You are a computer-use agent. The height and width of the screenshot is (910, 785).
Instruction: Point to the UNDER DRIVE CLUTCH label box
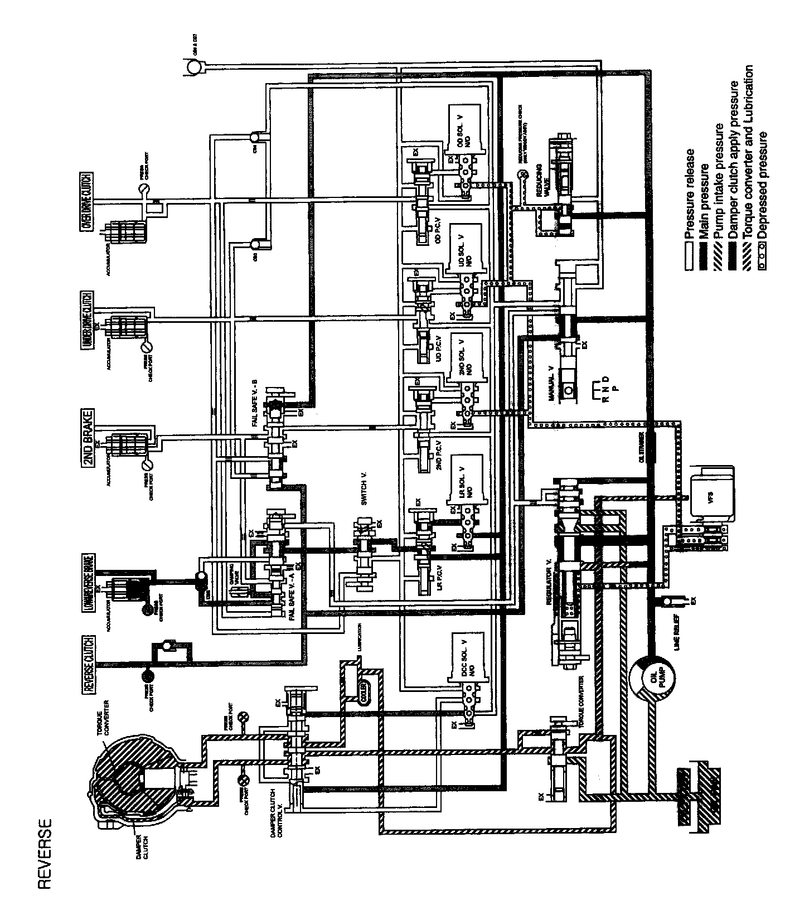pos(89,321)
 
